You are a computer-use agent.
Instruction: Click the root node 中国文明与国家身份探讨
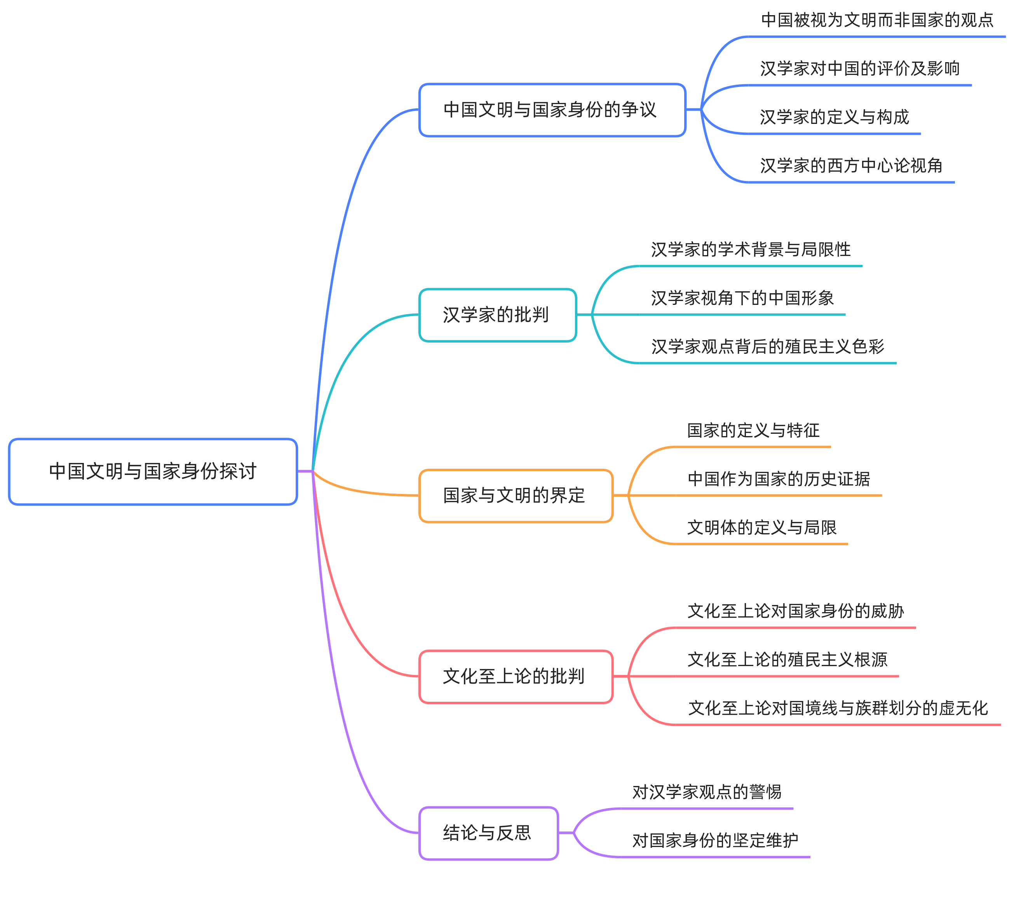tap(153, 471)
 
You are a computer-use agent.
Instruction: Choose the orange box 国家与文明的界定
tap(516, 496)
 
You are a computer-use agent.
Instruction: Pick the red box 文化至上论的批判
tap(516, 676)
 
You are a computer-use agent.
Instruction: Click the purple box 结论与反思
tap(488, 833)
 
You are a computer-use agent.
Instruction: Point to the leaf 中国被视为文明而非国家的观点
tap(877, 20)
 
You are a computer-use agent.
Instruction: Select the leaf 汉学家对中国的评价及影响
tap(859, 68)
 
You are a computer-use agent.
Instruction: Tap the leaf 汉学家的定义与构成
tap(835, 117)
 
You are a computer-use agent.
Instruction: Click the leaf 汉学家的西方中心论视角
tap(851, 165)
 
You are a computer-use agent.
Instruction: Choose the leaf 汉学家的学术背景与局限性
tap(751, 249)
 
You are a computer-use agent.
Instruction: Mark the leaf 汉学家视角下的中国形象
tap(742, 298)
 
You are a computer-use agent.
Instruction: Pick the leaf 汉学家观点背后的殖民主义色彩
tap(767, 346)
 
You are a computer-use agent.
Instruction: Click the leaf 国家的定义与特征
tap(753, 430)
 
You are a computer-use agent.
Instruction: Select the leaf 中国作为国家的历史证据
tap(779, 478)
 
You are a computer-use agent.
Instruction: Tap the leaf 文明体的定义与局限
tap(761, 527)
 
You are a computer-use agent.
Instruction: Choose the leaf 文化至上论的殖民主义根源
tap(787, 659)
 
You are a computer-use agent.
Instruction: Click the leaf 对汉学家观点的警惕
tap(707, 792)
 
